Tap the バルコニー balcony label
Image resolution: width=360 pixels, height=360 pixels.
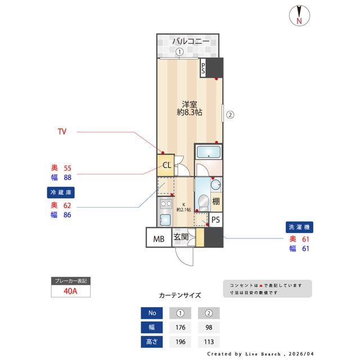click(x=191, y=42)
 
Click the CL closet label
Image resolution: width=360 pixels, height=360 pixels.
click(x=166, y=165)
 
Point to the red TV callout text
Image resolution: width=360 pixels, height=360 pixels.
click(x=62, y=132)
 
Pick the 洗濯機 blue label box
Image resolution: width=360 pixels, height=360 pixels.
click(x=299, y=227)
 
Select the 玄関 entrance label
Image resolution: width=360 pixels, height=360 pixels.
click(x=181, y=237)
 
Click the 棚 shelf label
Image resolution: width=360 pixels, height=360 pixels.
click(x=217, y=201)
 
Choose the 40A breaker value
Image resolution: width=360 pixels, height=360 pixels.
click(x=70, y=291)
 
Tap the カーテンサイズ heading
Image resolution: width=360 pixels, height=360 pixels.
click(x=180, y=295)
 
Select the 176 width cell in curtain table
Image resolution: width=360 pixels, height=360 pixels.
click(x=181, y=327)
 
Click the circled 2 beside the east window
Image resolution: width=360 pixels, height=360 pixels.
click(x=229, y=116)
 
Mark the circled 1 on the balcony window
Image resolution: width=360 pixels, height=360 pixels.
click(x=179, y=52)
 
